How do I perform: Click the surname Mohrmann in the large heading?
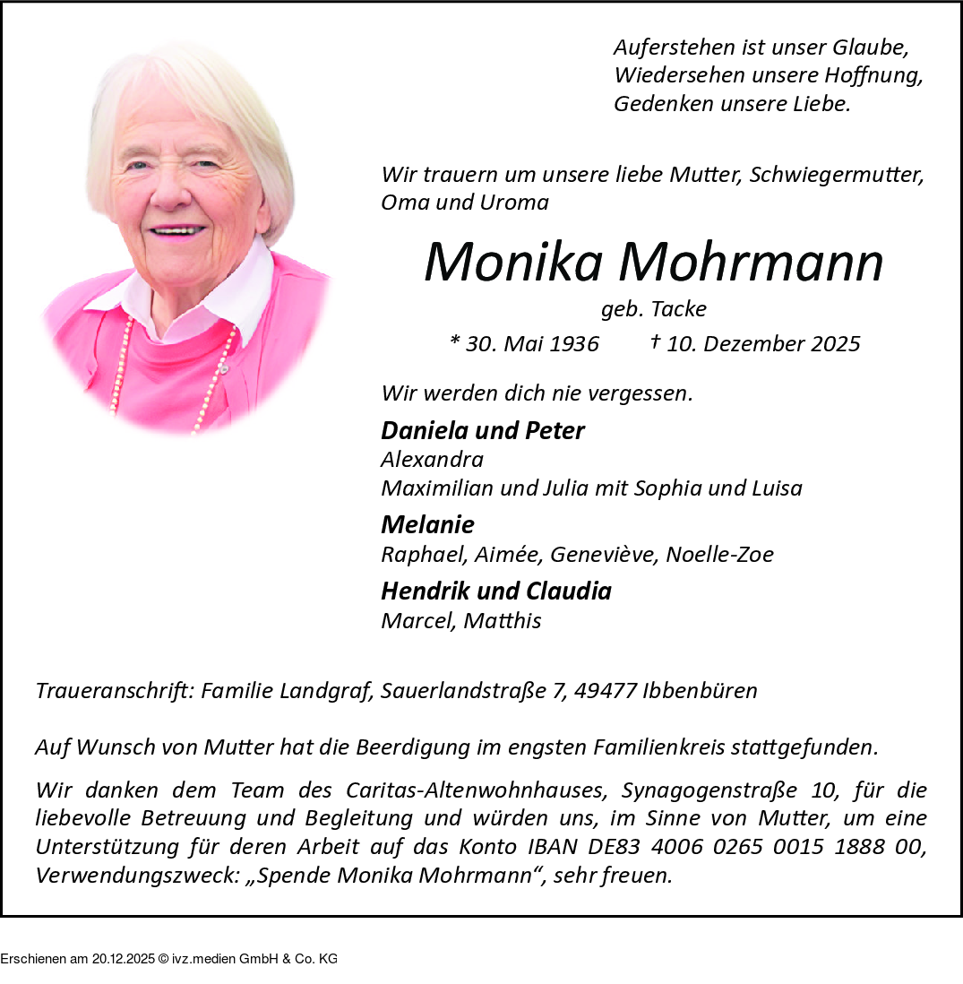click(x=751, y=263)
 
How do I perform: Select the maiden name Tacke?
click(x=678, y=309)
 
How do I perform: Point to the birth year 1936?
click(x=574, y=344)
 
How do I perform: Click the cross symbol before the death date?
click(x=655, y=341)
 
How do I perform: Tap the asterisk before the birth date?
click(x=454, y=342)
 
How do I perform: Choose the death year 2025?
click(x=835, y=344)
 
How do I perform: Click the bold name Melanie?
click(x=427, y=524)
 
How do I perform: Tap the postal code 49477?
click(x=606, y=691)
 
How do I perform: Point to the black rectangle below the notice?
click(x=168, y=950)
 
